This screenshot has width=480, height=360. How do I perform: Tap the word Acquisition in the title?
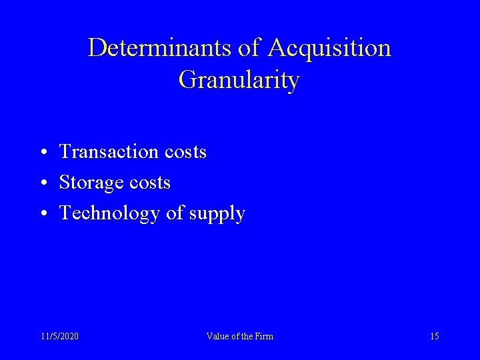coord(329,48)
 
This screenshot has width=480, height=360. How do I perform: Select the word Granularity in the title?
coord(239,80)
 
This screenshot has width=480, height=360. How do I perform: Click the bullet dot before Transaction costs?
coord(42,153)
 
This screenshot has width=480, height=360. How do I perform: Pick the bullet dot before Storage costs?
coord(42,183)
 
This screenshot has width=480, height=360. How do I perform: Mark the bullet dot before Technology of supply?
coord(42,214)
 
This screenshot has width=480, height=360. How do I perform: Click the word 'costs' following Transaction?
coord(185,152)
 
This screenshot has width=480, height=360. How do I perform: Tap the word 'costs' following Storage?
coord(149,183)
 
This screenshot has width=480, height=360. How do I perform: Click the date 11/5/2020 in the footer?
coord(59,336)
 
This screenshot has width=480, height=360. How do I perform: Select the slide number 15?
coord(435,336)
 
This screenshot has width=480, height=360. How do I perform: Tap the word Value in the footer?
coord(217,336)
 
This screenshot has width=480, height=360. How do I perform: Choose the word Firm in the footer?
coord(263,336)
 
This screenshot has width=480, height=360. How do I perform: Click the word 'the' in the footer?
coord(245,336)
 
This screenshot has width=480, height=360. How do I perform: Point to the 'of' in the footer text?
coord(233,336)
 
